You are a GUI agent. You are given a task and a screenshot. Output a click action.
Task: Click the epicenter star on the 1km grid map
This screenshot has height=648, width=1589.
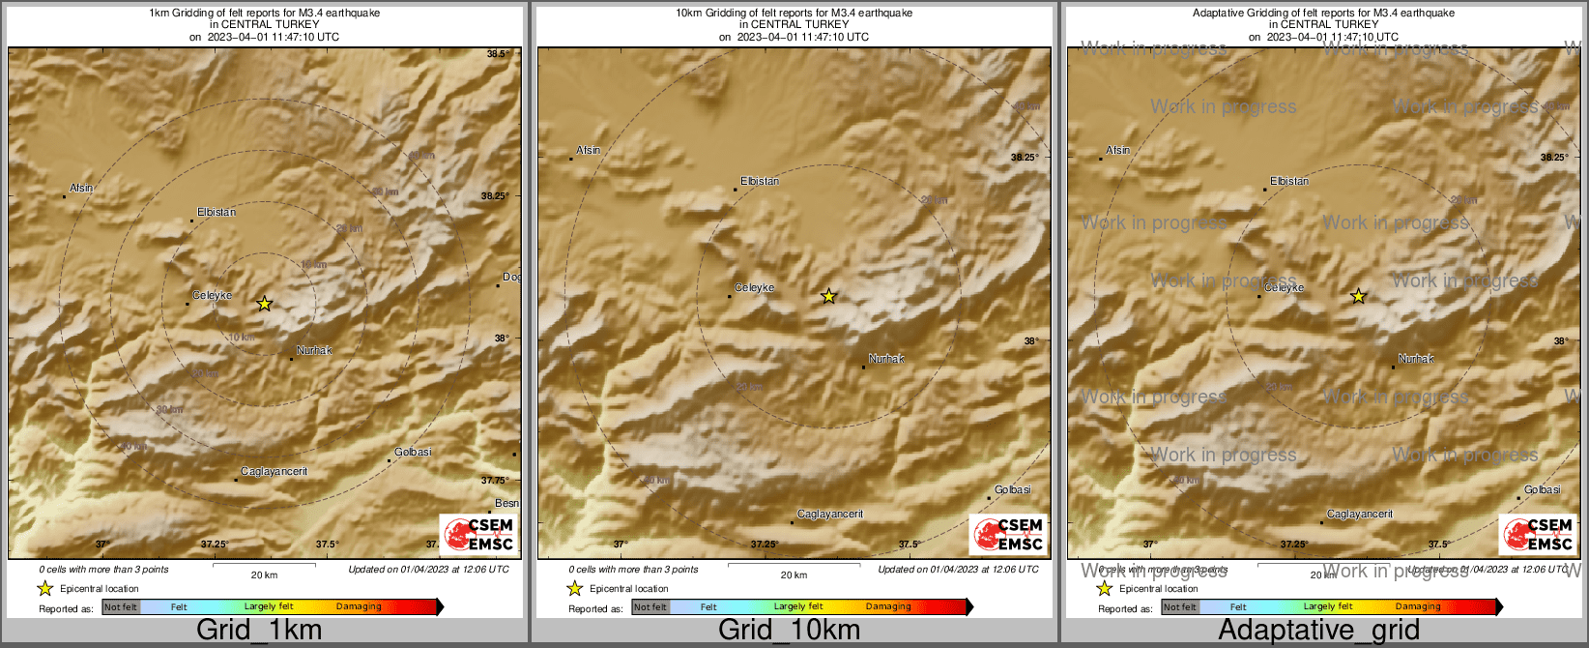click(x=265, y=304)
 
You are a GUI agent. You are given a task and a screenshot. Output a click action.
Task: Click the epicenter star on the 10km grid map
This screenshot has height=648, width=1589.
click(x=828, y=296)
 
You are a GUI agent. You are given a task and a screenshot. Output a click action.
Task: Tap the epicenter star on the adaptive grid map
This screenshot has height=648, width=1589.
click(x=1358, y=296)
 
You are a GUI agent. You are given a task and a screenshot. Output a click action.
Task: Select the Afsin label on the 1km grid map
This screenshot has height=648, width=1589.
click(x=81, y=188)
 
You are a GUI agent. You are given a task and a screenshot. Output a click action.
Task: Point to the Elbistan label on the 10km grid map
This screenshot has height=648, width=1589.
click(x=759, y=181)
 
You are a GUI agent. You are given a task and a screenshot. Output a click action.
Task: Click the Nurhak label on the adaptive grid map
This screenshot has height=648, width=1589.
click(x=1416, y=359)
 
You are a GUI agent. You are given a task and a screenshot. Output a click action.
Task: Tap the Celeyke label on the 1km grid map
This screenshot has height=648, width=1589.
click(x=212, y=295)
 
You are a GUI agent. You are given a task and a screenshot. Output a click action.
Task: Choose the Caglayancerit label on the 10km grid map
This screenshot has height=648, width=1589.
click(x=829, y=514)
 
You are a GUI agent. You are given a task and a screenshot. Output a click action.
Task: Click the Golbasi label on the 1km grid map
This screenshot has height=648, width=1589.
click(x=413, y=452)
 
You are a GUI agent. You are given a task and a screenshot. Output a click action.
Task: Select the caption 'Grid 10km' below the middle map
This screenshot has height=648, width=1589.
click(x=789, y=630)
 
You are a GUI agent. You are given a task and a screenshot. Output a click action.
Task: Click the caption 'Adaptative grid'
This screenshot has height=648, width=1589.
click(x=1318, y=630)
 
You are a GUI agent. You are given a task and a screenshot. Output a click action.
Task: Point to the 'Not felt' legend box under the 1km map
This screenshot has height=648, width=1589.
click(x=121, y=607)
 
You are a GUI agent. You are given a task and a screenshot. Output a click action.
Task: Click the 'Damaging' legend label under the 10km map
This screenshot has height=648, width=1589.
click(x=888, y=607)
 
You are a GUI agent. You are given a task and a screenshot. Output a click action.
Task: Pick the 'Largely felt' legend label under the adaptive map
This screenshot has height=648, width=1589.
click(x=1328, y=607)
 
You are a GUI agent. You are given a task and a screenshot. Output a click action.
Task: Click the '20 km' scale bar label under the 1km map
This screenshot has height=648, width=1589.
click(x=264, y=574)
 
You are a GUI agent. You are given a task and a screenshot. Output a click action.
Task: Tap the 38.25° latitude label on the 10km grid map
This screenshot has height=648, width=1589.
click(x=1024, y=157)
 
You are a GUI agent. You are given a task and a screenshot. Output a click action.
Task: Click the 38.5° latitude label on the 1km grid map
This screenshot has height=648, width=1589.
click(x=497, y=54)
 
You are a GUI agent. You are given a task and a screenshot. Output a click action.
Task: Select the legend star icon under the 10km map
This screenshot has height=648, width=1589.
click(x=574, y=588)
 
